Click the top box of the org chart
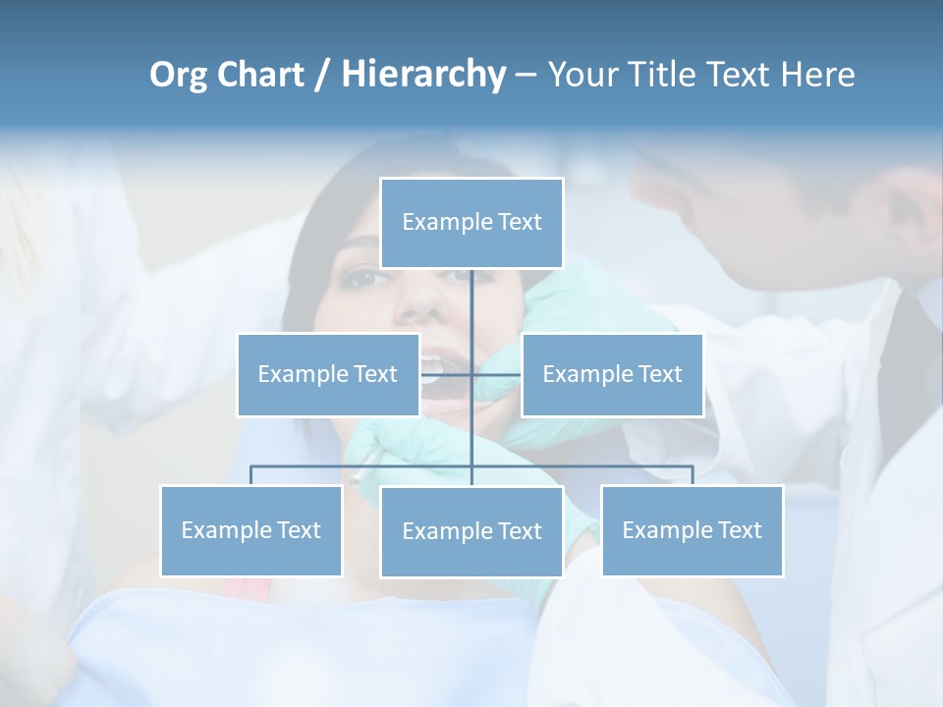pos(471,223)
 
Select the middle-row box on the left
pos(327,374)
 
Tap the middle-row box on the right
pos(612,374)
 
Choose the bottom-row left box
pos(250,530)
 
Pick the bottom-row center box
pos(471,531)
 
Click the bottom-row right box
pos(692,530)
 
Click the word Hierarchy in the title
pos(423,75)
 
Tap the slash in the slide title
pos(321,75)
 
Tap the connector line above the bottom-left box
pos(250,474)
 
